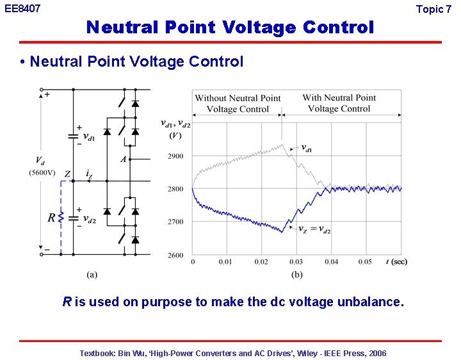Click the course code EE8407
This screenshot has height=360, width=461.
(22, 9)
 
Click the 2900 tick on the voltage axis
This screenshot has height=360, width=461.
(175, 156)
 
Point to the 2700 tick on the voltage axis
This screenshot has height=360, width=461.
(175, 222)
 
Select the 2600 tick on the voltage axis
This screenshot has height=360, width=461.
(175, 255)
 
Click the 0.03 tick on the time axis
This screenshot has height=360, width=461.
(296, 262)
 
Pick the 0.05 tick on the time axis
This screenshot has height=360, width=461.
(365, 262)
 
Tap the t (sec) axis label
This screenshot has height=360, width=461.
(396, 261)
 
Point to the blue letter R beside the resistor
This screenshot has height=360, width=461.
(51, 218)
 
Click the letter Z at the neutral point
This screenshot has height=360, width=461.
(67, 174)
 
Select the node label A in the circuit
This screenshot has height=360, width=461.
(123, 159)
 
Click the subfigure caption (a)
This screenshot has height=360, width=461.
(92, 275)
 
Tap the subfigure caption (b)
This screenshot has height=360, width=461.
(297, 275)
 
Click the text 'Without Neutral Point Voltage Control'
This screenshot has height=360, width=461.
(238, 103)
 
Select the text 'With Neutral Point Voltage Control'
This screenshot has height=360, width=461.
(339, 103)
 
